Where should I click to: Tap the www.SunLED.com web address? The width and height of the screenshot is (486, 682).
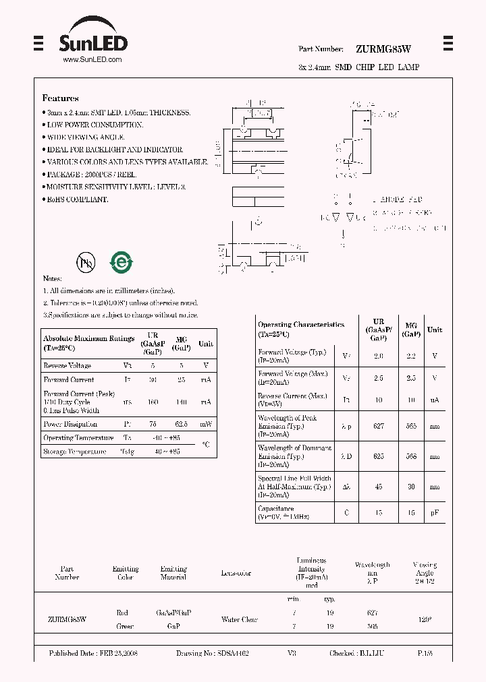92,59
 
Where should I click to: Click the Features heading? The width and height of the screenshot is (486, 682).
60,98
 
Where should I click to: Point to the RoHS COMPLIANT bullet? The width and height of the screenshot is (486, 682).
76,199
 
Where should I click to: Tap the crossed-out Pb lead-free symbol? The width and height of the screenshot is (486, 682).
86,262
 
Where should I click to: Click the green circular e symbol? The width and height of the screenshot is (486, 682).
122,262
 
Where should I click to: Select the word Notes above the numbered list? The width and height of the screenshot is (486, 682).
52,278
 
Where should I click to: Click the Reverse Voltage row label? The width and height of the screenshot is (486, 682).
67,365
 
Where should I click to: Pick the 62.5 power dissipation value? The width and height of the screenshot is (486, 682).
180,425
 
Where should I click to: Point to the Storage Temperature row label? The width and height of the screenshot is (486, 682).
74,452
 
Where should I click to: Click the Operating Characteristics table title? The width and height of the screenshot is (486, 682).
301,325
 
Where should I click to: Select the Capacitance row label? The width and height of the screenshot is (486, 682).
276,509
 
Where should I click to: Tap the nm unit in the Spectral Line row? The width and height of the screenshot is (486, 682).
435,487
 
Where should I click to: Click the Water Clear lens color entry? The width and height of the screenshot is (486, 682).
240,619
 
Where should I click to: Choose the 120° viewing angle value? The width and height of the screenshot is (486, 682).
424,619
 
